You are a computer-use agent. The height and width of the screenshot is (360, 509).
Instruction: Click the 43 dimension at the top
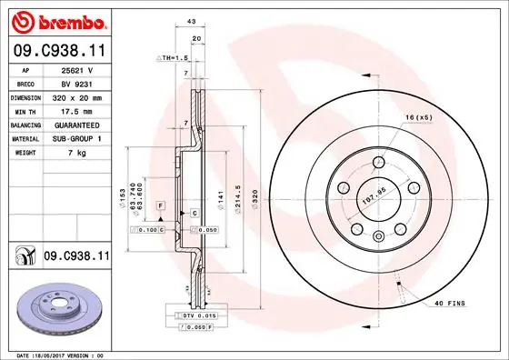(x=191, y=22)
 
